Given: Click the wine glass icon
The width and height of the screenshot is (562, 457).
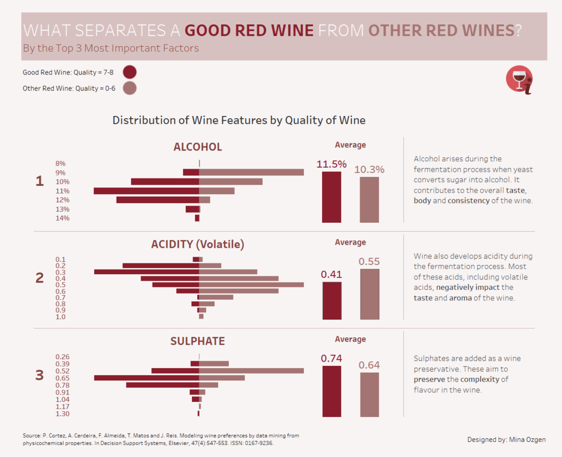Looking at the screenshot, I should tap(519, 79).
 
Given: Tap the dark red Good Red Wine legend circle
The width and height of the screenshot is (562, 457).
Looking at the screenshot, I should tap(130, 72).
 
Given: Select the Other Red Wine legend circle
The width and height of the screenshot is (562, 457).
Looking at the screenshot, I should tap(130, 88).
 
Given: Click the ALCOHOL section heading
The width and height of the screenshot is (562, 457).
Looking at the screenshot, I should tap(198, 147).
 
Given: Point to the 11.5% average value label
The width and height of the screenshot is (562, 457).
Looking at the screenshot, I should tap(331, 164).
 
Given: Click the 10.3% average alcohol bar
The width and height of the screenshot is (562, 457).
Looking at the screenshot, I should tap(369, 200).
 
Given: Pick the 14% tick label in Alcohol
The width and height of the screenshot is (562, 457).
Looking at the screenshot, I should tap(62, 218).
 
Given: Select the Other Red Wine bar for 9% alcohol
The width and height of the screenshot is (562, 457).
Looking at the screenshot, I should tap(251, 172).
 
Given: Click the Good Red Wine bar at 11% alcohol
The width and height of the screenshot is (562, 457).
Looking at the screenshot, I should tap(146, 191).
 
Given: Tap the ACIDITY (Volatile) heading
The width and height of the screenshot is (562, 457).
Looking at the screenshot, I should tap(198, 244).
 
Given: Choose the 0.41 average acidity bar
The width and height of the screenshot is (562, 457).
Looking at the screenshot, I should tap(332, 300).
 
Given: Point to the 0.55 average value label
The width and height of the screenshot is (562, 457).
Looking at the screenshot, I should tap(369, 261).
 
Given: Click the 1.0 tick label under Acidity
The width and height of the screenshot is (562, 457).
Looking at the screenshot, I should tap(60, 316).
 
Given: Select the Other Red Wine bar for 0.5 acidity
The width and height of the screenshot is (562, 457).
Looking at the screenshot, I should tap(251, 285).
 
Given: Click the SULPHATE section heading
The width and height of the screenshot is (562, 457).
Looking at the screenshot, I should tap(198, 341).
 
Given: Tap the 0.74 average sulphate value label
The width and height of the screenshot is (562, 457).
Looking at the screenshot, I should tap(331, 358).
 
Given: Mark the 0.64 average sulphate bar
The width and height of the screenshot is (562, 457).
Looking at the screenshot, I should tap(369, 395).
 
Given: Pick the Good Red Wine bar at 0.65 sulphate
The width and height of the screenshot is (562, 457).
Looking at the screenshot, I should tap(147, 378).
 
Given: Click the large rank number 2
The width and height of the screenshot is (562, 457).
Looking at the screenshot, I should tap(40, 278).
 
